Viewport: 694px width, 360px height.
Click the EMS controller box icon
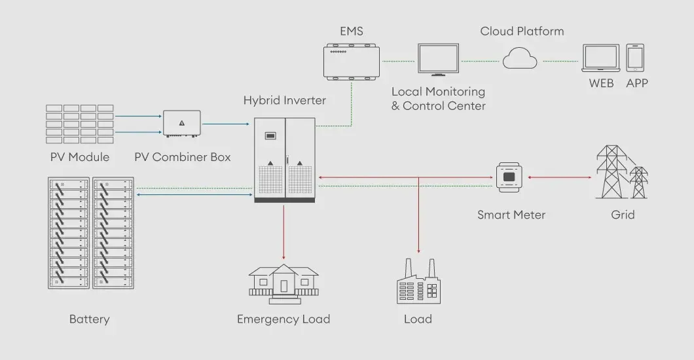coord(352,62)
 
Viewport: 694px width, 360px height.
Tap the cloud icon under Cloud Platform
coord(520,58)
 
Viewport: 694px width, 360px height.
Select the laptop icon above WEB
coord(600,58)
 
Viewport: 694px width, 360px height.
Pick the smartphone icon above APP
coord(635,58)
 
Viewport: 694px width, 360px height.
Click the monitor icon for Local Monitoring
coord(438,60)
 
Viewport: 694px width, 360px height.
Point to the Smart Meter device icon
coord(509,177)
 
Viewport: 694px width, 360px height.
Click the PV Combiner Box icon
coord(182,124)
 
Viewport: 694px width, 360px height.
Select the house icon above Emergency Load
coord(283,284)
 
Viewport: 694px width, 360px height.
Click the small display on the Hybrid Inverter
coord(270,135)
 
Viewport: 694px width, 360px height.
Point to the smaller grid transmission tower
coord(638,182)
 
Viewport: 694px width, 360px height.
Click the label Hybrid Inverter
coord(285,100)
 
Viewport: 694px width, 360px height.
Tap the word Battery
coord(90,319)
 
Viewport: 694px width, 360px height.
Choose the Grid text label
coord(623,215)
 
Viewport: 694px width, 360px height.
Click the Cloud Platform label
coord(522,31)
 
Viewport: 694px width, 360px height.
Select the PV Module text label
coord(80,157)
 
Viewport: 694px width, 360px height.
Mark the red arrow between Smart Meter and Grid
coord(559,177)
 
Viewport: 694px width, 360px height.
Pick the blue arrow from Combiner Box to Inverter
coord(226,124)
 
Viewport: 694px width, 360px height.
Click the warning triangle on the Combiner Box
coord(182,123)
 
